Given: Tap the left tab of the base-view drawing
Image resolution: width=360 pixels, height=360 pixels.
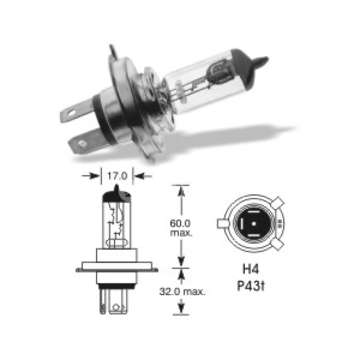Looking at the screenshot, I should (x=222, y=224).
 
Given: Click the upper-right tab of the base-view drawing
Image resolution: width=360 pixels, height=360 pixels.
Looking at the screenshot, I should (x=278, y=204).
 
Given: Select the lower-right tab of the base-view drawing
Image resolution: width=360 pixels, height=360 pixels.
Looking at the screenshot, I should (x=278, y=244).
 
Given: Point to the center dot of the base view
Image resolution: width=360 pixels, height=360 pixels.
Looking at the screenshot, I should (x=253, y=224).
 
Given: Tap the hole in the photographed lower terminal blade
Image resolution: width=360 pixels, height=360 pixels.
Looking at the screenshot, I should (x=81, y=144).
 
